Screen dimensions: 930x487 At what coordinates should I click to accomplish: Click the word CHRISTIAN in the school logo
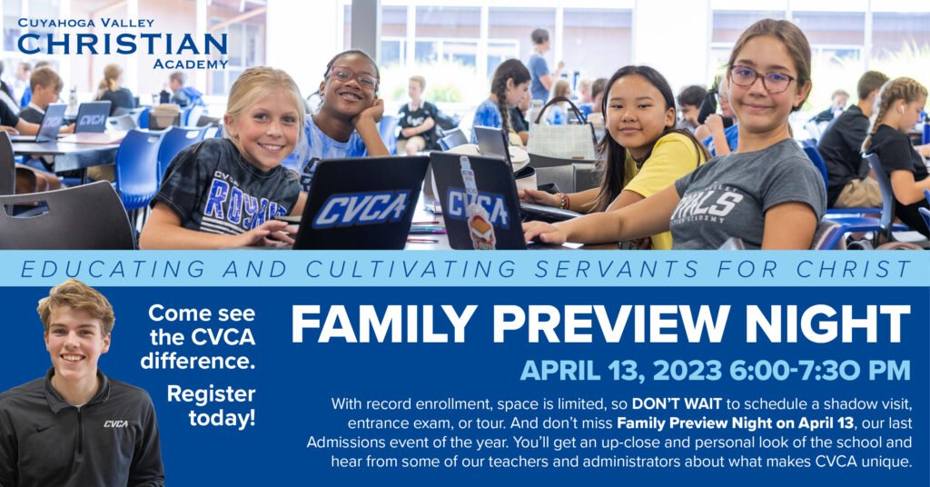123,44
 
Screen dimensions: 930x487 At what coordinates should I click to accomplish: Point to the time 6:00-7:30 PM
820,371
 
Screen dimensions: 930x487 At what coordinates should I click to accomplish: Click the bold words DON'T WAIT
677,404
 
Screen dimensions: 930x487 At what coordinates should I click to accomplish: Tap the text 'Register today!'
211,406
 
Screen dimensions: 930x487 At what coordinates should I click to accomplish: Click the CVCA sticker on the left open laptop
361,209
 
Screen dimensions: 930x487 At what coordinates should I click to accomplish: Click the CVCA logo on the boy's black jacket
115,423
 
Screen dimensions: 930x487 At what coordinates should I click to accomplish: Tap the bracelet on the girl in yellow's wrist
562,201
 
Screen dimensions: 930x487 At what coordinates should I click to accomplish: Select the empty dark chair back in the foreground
65,216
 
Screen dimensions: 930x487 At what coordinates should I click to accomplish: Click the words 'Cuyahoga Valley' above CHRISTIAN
86,23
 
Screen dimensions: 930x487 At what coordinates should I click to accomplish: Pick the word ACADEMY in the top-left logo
191,65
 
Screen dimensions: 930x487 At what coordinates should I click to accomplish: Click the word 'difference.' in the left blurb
198,361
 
